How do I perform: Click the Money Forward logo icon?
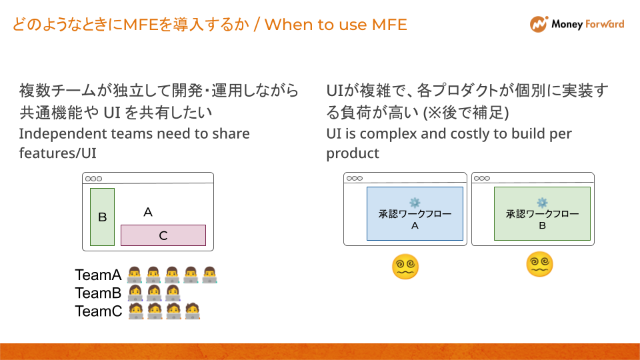tap(538, 25)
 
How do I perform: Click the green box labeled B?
tap(102, 217)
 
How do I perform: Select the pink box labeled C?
tap(163, 235)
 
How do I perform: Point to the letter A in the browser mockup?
tap(148, 212)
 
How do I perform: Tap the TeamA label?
tap(98, 275)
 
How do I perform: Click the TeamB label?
tap(98, 293)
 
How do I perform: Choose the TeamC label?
tap(98, 311)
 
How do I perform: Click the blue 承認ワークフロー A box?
tap(415, 213)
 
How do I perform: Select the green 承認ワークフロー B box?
tap(542, 213)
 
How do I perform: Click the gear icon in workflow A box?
tap(415, 202)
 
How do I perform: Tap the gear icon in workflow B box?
tap(542, 202)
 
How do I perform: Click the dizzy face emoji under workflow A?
tap(405, 267)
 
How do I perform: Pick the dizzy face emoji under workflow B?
tap(539, 264)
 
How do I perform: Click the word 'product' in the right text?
tap(353, 153)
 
